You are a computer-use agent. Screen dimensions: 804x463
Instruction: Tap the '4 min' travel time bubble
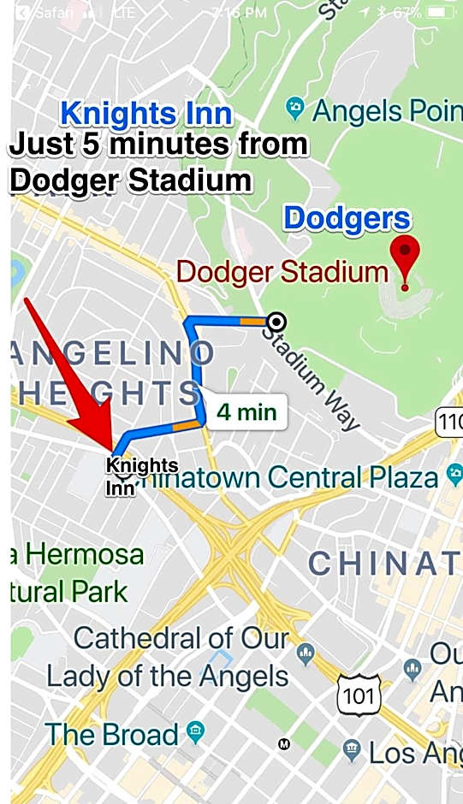246,412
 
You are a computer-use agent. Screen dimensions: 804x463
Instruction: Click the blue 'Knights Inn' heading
146,114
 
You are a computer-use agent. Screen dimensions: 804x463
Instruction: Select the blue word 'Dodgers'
347,219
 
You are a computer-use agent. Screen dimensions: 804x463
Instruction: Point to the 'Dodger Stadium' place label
282,272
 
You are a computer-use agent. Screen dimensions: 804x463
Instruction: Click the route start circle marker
276,322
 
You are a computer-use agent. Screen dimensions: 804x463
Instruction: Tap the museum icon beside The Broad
197,733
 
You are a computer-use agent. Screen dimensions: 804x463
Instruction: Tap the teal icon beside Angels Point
296,108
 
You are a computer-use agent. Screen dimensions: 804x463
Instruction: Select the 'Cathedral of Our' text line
181,638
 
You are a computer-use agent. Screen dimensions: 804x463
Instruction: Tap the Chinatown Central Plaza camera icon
454,476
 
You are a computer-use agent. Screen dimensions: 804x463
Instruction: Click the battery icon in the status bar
440,13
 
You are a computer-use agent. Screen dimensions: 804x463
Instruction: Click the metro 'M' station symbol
284,744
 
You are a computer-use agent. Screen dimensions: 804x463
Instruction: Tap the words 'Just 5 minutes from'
158,145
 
